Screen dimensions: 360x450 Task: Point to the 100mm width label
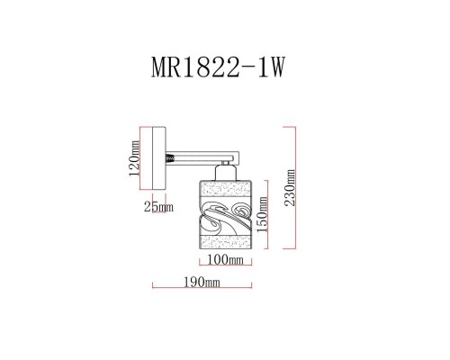click(227, 260)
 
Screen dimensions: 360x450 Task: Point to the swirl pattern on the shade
click(226, 219)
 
